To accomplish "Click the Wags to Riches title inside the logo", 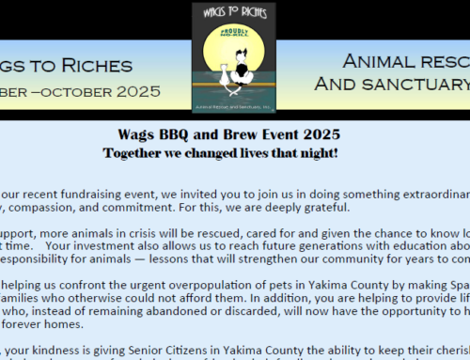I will [234, 13].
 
